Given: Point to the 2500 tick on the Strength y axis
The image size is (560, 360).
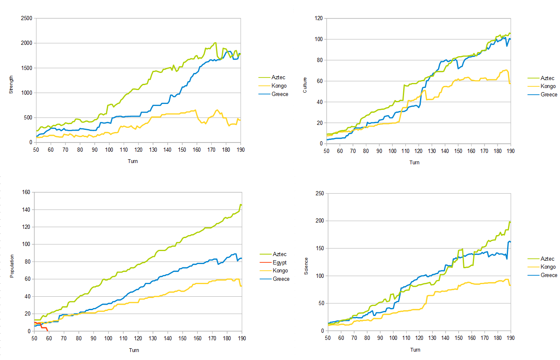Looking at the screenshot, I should tap(26, 18).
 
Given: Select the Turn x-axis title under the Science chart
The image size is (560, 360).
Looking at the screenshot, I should tap(415, 350).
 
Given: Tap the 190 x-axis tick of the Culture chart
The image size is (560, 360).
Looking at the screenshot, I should tap(510, 151).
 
